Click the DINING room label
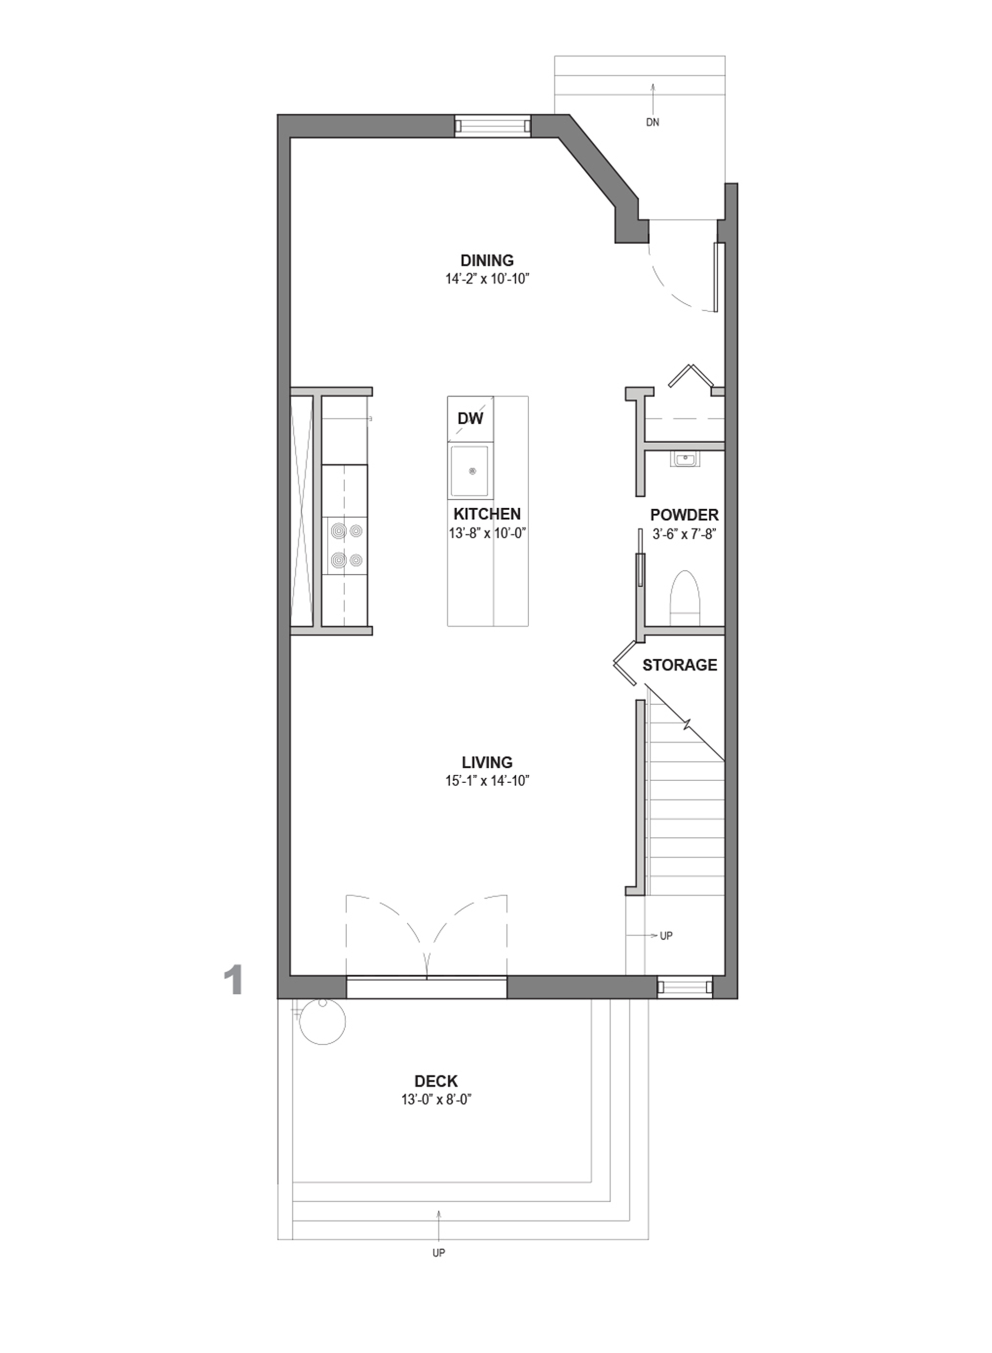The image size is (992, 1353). point(487,261)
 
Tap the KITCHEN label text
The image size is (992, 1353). point(487,514)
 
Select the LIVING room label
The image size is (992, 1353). point(487,762)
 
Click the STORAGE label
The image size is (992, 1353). point(680,665)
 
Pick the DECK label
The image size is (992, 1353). point(436,1082)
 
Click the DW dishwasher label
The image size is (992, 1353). point(470,419)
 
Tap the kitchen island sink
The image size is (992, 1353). point(471,472)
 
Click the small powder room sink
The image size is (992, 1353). point(684,460)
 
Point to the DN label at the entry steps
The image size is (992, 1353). point(653,123)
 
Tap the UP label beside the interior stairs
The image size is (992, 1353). point(666,936)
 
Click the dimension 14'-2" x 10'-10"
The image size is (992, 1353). point(487,279)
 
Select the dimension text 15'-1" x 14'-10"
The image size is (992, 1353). point(487,781)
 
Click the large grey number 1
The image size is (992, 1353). point(233,981)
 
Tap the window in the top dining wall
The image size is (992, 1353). point(493,126)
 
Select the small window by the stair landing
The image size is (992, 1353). point(684,987)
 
